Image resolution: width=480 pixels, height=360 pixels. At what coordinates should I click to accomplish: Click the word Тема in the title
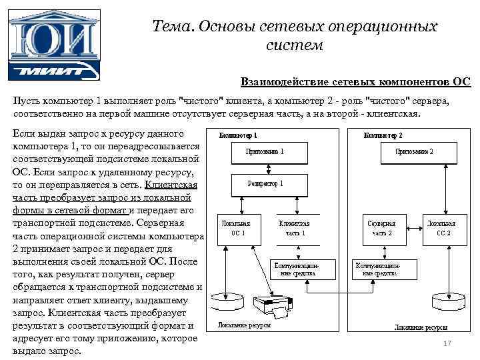pyautogui.click(x=169, y=27)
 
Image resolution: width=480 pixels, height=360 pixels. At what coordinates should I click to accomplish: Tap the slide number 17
pyautogui.click(x=447, y=343)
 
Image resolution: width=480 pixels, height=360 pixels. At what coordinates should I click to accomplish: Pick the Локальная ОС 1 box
pyautogui.click(x=237, y=229)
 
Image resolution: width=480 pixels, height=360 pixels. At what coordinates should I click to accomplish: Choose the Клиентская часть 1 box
pyautogui.click(x=293, y=229)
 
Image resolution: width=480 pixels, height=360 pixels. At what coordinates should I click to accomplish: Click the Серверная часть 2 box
pyautogui.click(x=382, y=229)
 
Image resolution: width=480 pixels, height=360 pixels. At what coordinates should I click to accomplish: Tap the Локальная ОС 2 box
pyautogui.click(x=441, y=229)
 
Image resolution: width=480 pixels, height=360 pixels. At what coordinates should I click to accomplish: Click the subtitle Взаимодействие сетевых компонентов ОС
pyautogui.click(x=356, y=82)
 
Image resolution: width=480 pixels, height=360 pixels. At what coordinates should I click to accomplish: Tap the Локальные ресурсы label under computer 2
pyautogui.click(x=419, y=328)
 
